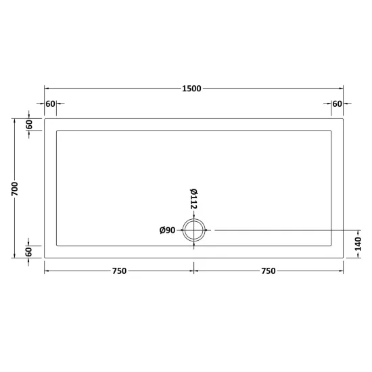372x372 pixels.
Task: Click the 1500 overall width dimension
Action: click(x=191, y=89)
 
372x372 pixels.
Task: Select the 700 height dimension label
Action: click(x=15, y=189)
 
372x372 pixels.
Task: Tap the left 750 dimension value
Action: click(x=119, y=271)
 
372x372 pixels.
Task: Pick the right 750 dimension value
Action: click(x=269, y=271)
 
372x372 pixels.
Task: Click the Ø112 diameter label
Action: click(x=194, y=199)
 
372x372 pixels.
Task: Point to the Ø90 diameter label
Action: click(x=167, y=230)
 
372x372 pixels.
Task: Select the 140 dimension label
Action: click(x=358, y=244)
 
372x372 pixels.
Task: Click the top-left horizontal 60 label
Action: click(x=50, y=104)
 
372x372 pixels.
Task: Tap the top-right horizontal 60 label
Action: click(x=337, y=104)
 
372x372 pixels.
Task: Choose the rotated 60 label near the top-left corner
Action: click(x=29, y=124)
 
